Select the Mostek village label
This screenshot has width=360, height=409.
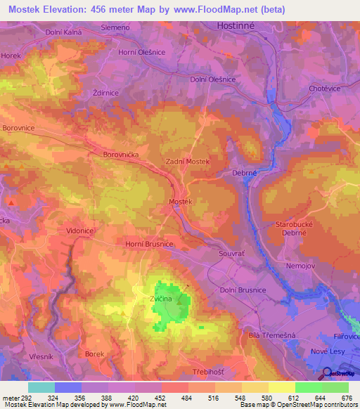point(181,202)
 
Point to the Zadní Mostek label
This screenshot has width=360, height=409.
point(188,161)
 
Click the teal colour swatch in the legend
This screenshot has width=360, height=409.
point(41,387)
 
